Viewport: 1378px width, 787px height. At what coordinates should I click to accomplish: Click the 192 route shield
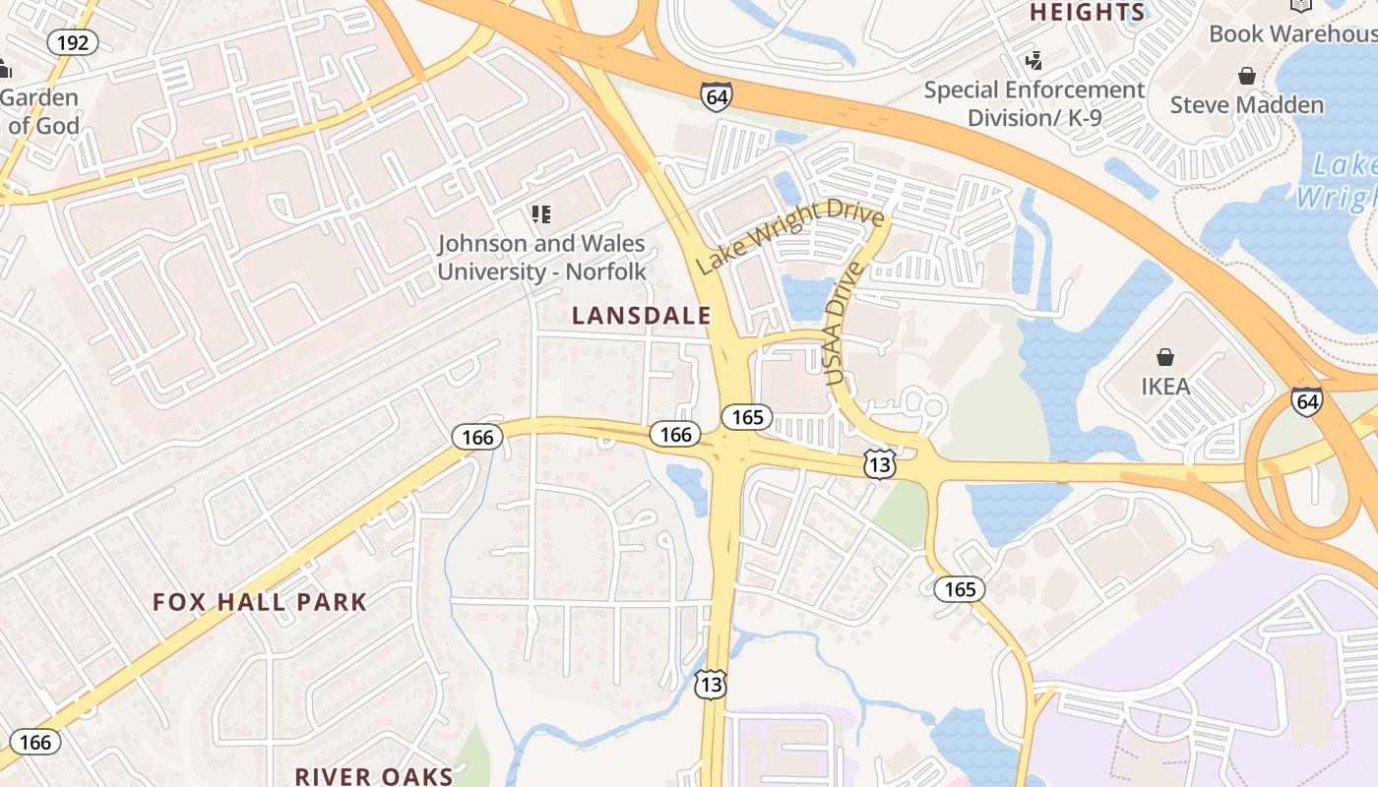tap(73, 42)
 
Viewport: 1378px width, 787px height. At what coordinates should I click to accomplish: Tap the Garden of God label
tap(39, 112)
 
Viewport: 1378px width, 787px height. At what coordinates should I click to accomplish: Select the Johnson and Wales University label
tap(541, 258)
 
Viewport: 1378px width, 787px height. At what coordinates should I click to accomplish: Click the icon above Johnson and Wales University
tap(540, 213)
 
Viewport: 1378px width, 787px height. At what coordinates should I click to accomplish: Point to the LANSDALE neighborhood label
tap(642, 316)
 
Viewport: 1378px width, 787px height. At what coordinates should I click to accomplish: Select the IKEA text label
tap(1165, 386)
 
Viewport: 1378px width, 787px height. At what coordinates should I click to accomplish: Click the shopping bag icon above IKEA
tap(1165, 356)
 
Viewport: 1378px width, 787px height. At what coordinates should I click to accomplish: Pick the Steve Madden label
tap(1246, 104)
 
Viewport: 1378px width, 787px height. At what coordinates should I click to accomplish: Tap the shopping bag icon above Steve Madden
tap(1246, 76)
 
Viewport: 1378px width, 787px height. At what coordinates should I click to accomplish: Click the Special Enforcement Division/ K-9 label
tap(1033, 103)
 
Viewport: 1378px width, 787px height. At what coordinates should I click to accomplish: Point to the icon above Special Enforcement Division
tap(1033, 61)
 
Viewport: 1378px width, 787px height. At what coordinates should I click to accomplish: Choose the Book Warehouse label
tap(1292, 33)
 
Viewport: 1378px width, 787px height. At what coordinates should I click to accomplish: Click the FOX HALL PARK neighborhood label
tap(260, 602)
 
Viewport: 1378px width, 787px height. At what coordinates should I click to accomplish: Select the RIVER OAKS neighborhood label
tap(374, 776)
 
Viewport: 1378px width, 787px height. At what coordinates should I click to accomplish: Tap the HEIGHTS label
tap(1088, 13)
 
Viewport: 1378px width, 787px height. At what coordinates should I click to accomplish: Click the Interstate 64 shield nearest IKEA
tap(1307, 401)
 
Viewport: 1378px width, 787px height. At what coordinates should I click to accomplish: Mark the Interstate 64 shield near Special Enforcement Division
tap(717, 96)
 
